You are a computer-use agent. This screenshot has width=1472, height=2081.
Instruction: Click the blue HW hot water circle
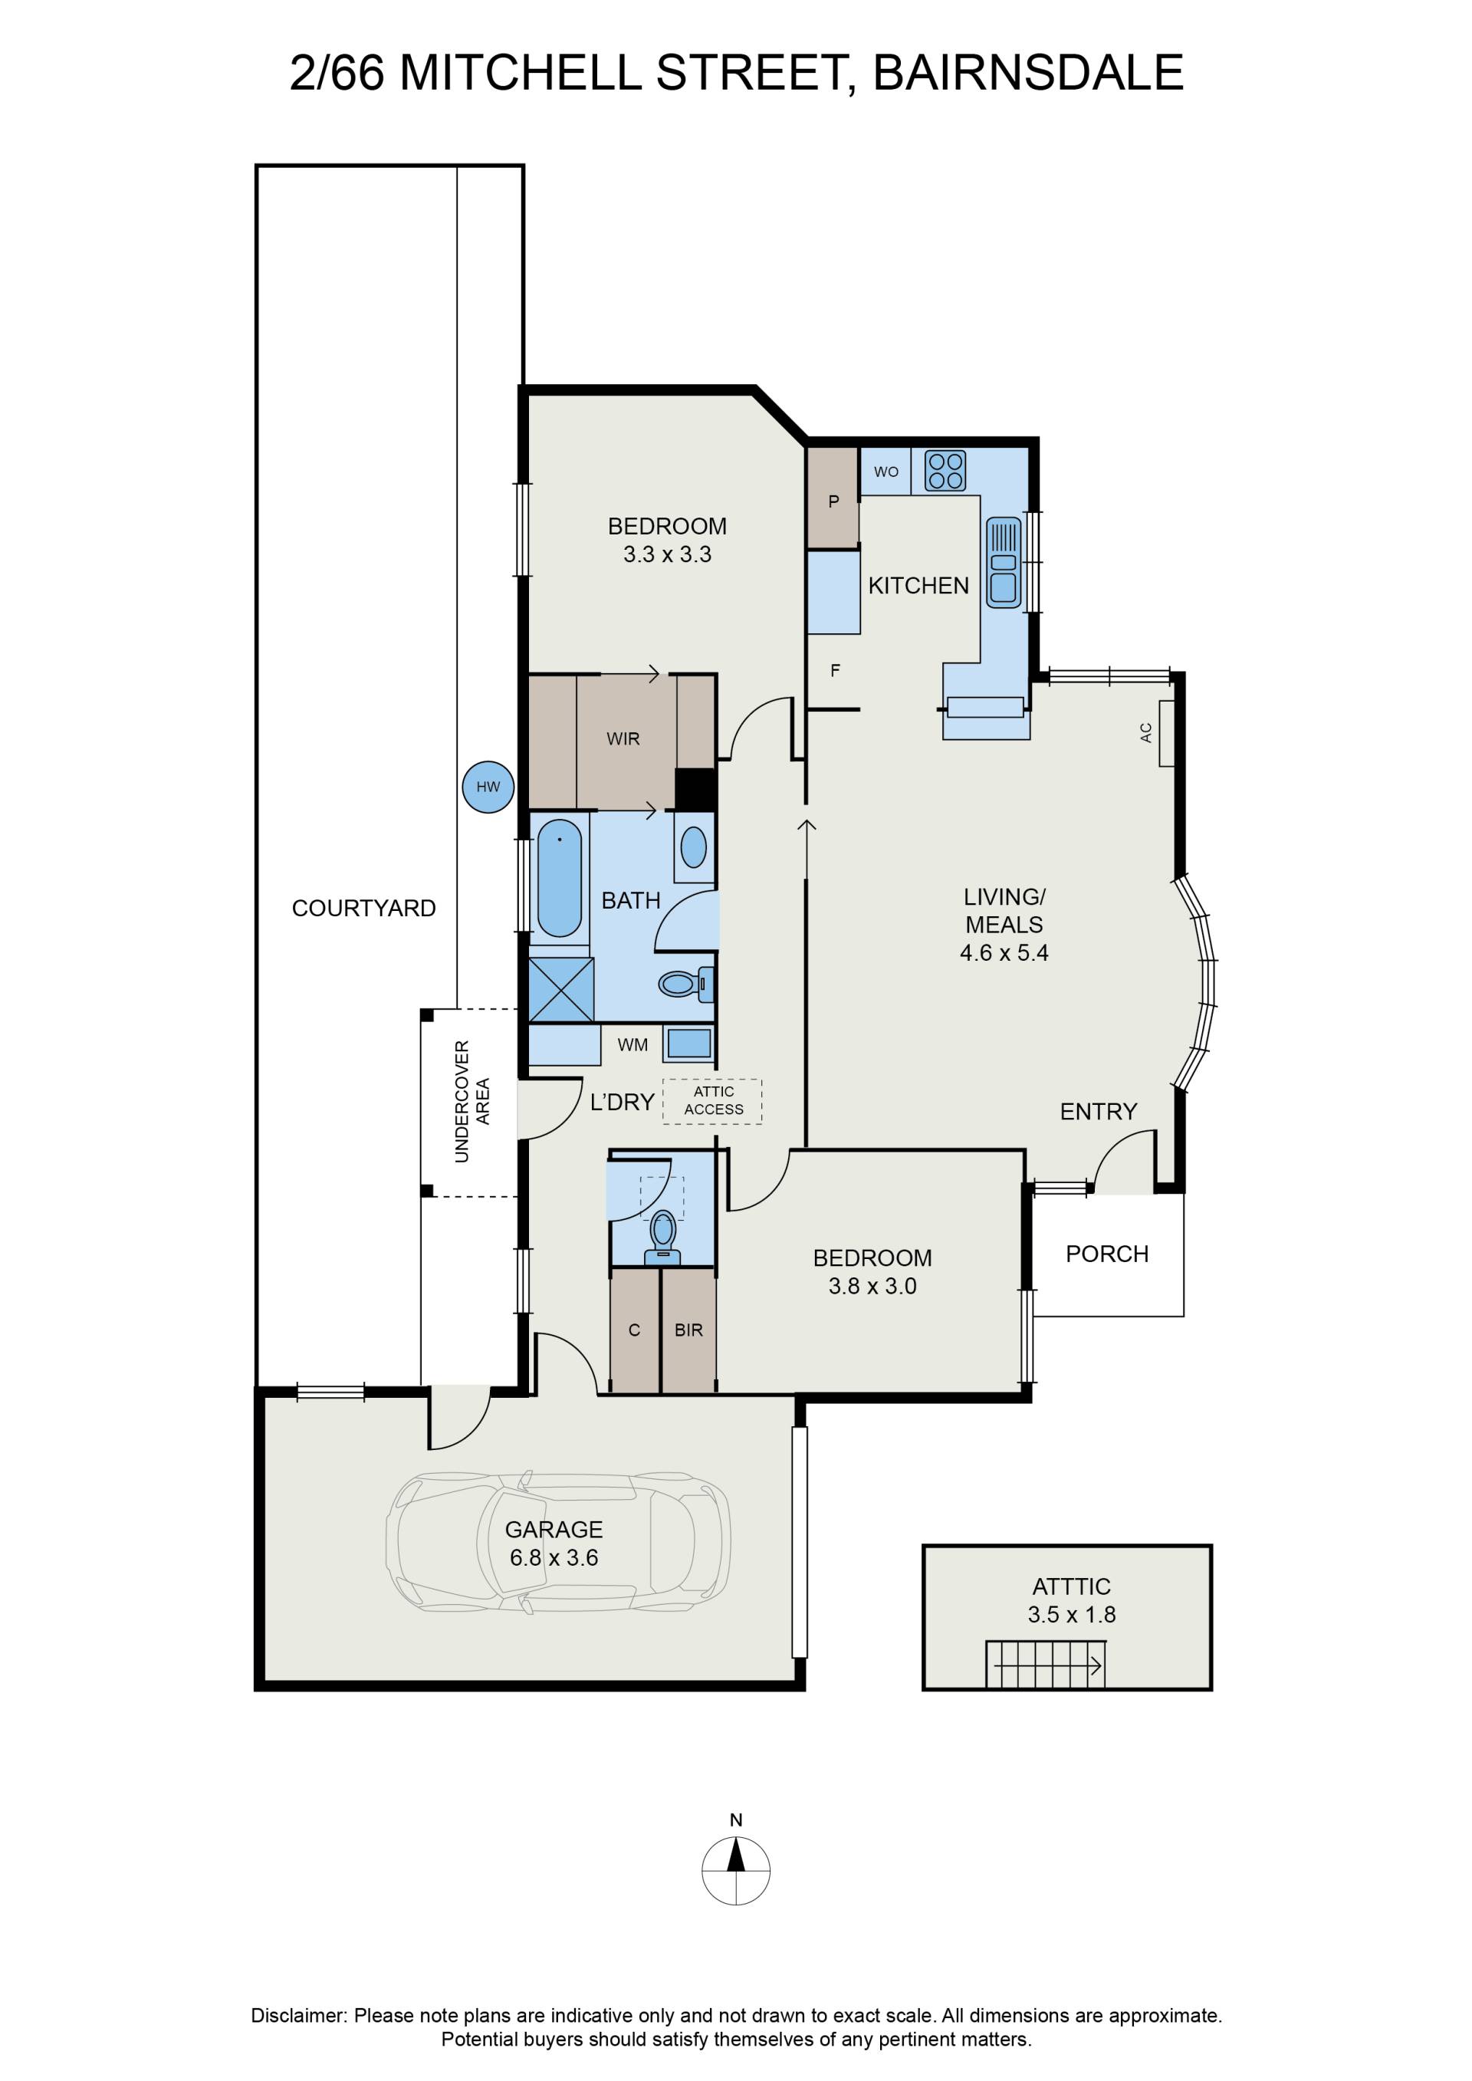pos(488,787)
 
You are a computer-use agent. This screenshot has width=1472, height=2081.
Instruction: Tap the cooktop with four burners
pos(945,472)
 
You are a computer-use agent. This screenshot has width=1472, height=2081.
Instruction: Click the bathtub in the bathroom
pos(559,877)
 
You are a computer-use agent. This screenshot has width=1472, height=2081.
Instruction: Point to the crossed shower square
pos(561,990)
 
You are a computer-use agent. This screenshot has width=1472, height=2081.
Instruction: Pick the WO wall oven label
pos(886,472)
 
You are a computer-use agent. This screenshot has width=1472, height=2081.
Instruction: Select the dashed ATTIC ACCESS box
pos(712,1101)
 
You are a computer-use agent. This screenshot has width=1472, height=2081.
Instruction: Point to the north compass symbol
pos(736,1870)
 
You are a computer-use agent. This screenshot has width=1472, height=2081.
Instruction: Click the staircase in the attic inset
pos(1045,1664)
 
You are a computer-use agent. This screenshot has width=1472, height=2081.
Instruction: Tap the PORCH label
pos(1107,1254)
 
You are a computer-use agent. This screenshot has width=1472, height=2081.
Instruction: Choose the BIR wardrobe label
pos(689,1330)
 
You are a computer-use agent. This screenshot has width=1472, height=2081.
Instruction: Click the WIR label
pos(623,738)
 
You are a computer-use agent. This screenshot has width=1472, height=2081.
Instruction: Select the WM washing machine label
pos(632,1045)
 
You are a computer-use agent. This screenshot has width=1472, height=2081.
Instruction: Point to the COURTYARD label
pos(363,908)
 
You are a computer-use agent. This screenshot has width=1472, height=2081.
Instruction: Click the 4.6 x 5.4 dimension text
pos(1004,952)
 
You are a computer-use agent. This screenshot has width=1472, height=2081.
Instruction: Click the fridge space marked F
pos(835,671)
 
